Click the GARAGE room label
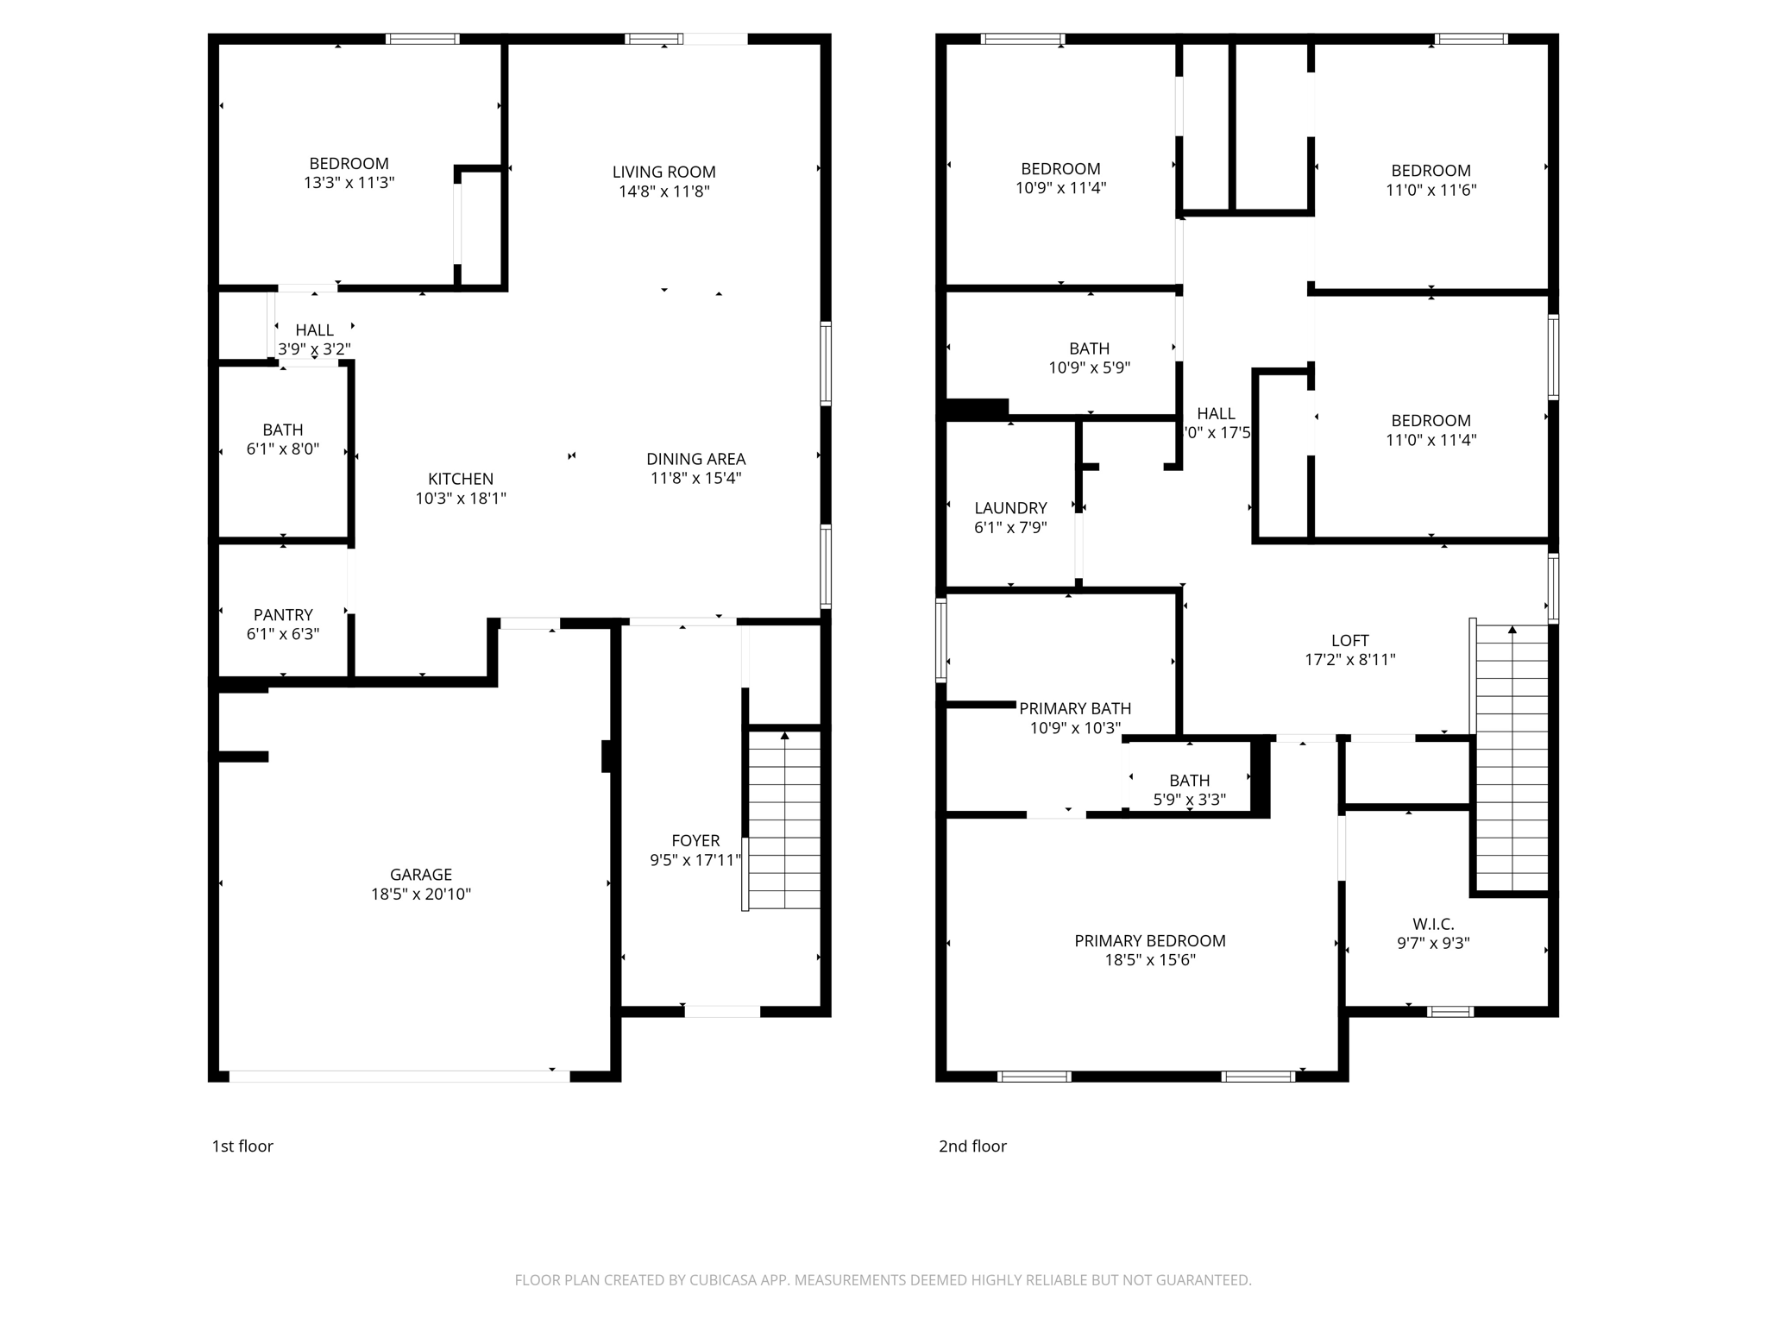(420, 875)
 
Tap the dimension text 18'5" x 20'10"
(420, 895)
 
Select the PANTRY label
(283, 615)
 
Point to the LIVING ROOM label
(663, 173)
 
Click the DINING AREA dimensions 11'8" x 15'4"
(695, 478)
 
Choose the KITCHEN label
(461, 479)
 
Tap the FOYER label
(695, 841)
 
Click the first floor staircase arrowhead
(784, 736)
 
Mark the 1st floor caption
(242, 1146)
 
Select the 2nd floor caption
(972, 1146)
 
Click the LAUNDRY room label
(1010, 508)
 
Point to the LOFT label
(1349, 641)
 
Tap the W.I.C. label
(1433, 924)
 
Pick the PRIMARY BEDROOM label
(1149, 941)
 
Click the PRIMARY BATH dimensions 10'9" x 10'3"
(1075, 728)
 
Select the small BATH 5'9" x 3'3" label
(1189, 781)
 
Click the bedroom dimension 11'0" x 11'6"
(1431, 190)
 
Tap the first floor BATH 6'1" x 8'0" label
(283, 430)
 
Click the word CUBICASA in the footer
(723, 1280)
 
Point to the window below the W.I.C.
(1449, 1012)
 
